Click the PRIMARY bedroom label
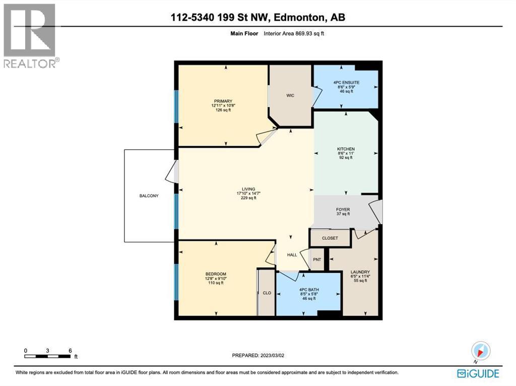pyautogui.click(x=222, y=101)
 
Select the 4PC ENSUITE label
pyautogui.click(x=346, y=82)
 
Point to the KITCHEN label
pyautogui.click(x=346, y=149)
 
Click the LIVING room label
pyautogui.click(x=248, y=188)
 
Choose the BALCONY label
pyautogui.click(x=149, y=196)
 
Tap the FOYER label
pyautogui.click(x=343, y=210)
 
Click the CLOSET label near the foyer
pyautogui.click(x=330, y=238)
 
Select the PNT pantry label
pyautogui.click(x=317, y=260)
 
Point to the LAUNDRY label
pyautogui.click(x=360, y=272)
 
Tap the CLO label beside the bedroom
pyautogui.click(x=267, y=293)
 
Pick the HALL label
pyautogui.click(x=292, y=255)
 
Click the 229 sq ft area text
pyautogui.click(x=248, y=198)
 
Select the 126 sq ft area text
pyautogui.click(x=222, y=110)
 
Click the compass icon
pyautogui.click(x=480, y=351)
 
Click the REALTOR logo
pyautogui.click(x=31, y=36)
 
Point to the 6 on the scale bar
pyautogui.click(x=70, y=351)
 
